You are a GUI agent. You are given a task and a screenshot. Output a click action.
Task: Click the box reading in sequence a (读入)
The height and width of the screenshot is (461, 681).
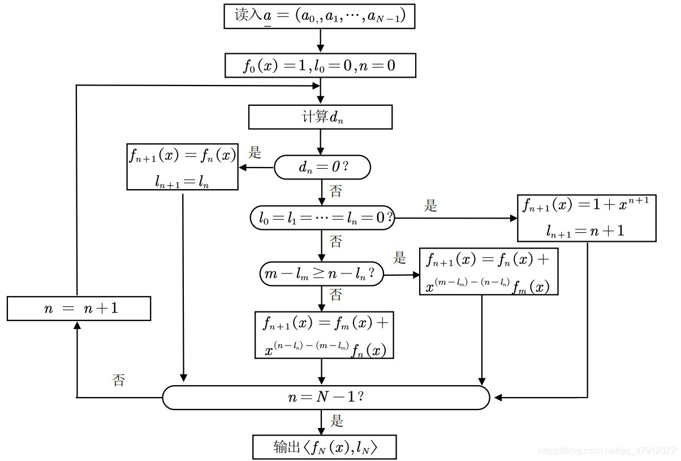click(x=320, y=16)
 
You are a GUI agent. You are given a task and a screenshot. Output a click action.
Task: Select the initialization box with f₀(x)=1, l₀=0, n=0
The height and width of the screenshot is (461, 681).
click(x=320, y=66)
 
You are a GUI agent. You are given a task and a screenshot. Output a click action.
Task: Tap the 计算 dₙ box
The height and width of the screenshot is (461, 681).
click(x=320, y=117)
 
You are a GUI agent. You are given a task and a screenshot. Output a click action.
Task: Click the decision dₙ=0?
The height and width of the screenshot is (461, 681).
click(x=322, y=168)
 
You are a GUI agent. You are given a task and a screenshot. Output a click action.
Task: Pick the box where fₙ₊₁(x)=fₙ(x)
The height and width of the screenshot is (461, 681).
click(x=182, y=167)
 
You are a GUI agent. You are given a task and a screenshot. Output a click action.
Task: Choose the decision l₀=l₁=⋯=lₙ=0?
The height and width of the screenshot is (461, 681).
click(x=322, y=218)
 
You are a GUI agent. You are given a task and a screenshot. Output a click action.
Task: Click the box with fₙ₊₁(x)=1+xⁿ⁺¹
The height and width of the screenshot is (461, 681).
click(x=587, y=218)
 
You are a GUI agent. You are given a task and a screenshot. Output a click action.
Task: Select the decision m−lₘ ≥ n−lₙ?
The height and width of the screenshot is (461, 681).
click(x=322, y=274)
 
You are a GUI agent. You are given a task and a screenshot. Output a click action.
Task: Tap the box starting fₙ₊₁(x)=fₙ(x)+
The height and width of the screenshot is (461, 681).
click(x=489, y=272)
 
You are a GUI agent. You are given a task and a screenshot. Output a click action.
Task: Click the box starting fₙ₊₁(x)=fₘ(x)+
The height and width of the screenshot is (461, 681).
click(x=324, y=335)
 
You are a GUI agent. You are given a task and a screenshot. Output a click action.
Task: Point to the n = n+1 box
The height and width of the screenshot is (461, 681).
click(x=79, y=309)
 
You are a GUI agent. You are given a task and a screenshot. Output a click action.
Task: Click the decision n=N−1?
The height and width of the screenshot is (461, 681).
click(x=326, y=398)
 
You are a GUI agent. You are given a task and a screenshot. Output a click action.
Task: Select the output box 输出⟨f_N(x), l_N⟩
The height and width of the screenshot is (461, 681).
click(x=324, y=447)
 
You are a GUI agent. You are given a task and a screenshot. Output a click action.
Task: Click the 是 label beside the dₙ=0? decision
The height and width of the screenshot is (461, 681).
click(x=255, y=152)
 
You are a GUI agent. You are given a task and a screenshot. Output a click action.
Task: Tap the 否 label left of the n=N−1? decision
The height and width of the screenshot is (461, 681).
click(x=118, y=380)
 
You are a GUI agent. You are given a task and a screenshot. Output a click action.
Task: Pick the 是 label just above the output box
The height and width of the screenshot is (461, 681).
click(x=337, y=421)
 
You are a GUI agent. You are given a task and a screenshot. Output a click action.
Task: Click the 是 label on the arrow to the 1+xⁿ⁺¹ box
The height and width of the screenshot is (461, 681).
click(x=431, y=206)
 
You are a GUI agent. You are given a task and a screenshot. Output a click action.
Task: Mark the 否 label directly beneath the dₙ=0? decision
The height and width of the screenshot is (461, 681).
click(x=336, y=191)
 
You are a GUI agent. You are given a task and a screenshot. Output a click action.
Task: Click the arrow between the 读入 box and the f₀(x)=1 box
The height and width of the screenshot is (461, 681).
click(x=321, y=41)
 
